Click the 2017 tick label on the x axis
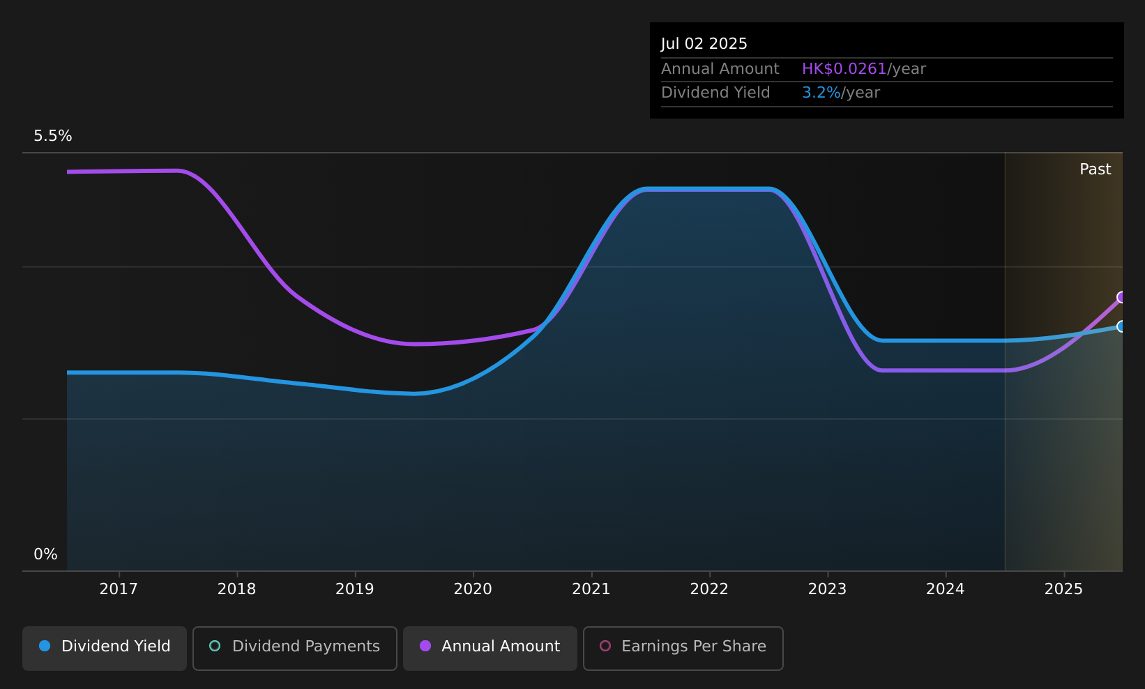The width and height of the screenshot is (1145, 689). pyautogui.click(x=119, y=589)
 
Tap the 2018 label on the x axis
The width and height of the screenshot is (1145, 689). pyautogui.click(x=236, y=589)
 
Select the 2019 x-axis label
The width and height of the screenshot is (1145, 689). pyautogui.click(x=355, y=589)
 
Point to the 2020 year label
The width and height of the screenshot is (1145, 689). pyautogui.click(x=473, y=589)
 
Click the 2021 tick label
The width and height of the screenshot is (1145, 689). pyautogui.click(x=591, y=589)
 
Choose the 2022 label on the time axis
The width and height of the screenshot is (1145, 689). pyautogui.click(x=709, y=589)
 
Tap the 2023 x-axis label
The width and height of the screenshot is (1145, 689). pyautogui.click(x=827, y=589)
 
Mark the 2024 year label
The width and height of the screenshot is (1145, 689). pyautogui.click(x=945, y=589)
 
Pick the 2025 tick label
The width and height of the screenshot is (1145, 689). pyautogui.click(x=1063, y=589)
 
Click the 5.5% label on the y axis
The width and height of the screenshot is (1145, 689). pyautogui.click(x=53, y=136)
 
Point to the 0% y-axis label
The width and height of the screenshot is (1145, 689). pyautogui.click(x=45, y=554)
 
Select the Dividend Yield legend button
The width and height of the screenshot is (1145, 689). pyautogui.click(x=105, y=648)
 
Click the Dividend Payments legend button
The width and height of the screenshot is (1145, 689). pyautogui.click(x=295, y=648)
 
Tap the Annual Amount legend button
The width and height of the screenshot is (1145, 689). pyautogui.click(x=490, y=648)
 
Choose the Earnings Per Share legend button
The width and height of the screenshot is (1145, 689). pyautogui.click(x=683, y=648)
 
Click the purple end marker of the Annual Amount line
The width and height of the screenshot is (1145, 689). pyautogui.click(x=1121, y=298)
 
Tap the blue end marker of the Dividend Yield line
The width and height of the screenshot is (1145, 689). pyautogui.click(x=1121, y=326)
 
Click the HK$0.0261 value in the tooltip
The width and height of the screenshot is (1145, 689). pyautogui.click(x=844, y=69)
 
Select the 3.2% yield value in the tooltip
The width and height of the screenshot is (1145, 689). pyautogui.click(x=821, y=93)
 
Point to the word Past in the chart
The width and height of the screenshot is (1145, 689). pyautogui.click(x=1095, y=169)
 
